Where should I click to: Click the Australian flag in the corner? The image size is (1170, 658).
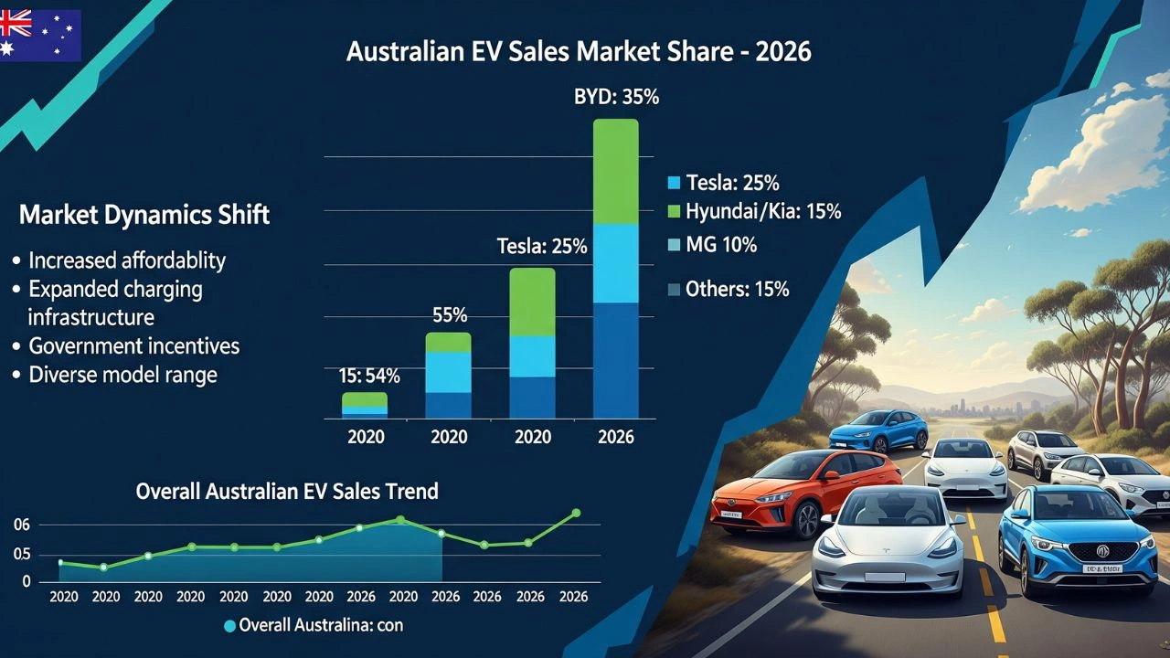tap(40, 35)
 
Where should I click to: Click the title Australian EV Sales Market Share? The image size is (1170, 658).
tap(579, 51)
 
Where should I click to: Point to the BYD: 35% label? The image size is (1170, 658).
tap(615, 97)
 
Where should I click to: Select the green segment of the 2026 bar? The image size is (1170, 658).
tap(615, 172)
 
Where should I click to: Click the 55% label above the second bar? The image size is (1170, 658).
tap(449, 316)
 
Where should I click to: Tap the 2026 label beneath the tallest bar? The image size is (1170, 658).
tap(615, 437)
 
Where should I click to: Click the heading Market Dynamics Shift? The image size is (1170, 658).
tap(144, 216)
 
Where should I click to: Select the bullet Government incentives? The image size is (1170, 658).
tap(133, 346)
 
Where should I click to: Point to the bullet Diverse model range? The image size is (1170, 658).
tap(122, 375)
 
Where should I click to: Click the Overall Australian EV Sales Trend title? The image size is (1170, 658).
tap(287, 491)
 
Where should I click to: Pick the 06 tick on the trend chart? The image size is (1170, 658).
tap(21, 525)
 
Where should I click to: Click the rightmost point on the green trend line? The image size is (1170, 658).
tap(576, 513)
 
